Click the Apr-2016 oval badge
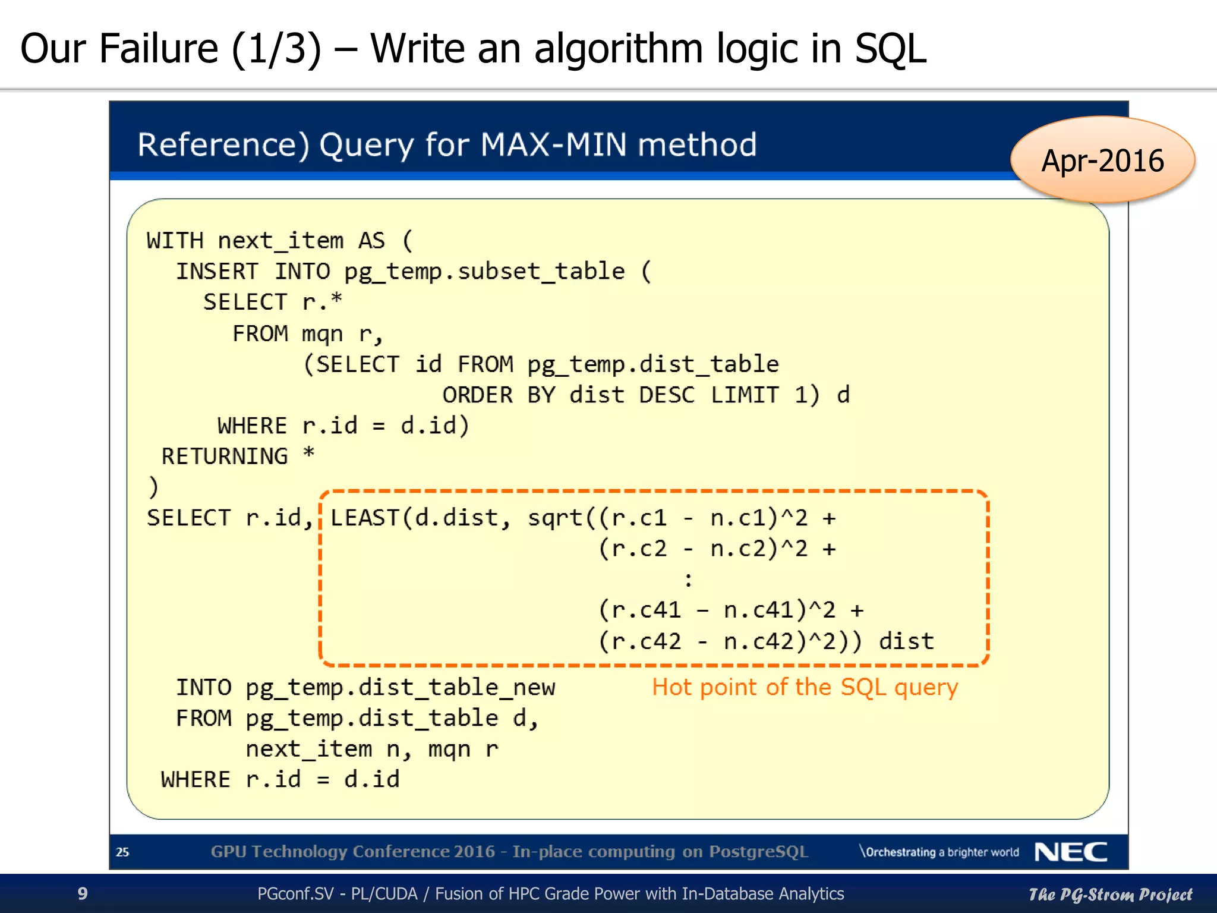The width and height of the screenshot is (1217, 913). point(1102,160)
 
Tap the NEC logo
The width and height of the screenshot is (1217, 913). point(1071,852)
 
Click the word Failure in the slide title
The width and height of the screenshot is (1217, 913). point(159,49)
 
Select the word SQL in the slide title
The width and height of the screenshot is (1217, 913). point(890,49)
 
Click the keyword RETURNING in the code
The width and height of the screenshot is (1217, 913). point(225,456)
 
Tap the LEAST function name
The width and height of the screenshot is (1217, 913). point(364,518)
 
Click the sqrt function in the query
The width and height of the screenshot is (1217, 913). point(555,518)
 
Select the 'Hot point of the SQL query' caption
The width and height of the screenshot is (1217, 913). point(805,687)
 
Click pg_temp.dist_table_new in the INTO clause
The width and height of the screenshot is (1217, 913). point(400,688)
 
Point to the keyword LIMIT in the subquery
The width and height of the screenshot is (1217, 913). point(745,395)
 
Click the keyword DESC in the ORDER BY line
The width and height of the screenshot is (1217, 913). point(667,395)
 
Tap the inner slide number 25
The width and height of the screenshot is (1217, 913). point(122,852)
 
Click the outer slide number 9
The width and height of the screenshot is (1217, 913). point(83,893)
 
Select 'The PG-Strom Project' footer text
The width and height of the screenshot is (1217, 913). point(1110,894)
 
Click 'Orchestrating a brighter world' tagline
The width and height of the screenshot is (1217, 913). point(940,852)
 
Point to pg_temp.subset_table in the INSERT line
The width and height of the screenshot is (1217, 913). point(484,272)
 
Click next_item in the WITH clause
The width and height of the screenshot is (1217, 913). point(280,241)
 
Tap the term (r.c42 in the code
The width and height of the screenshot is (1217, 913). point(639,641)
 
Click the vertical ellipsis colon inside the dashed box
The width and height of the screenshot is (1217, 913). point(688,580)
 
